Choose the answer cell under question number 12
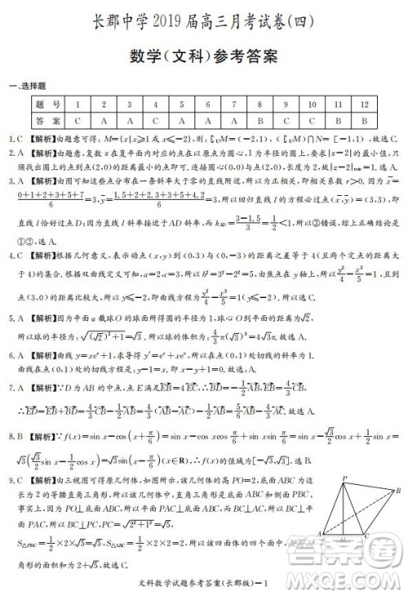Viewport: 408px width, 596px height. (364, 119)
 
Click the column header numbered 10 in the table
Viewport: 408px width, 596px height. (312, 105)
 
